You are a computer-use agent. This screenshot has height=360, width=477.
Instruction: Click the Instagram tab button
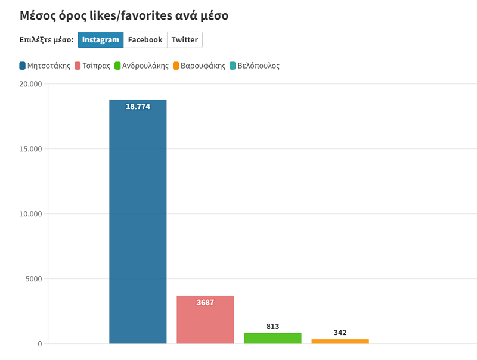point(100,40)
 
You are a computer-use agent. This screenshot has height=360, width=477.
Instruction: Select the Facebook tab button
point(145,40)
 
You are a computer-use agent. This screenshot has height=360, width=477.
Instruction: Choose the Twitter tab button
point(184,40)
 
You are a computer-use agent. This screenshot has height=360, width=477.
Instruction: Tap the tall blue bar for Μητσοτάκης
point(138,226)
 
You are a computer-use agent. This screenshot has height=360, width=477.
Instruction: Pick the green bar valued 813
point(272,338)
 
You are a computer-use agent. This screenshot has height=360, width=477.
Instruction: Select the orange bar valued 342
point(340,341)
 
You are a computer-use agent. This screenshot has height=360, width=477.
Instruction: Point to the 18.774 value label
point(138,107)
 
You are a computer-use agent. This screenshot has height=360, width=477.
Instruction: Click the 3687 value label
point(205,303)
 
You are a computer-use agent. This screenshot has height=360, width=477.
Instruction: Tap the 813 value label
point(272,327)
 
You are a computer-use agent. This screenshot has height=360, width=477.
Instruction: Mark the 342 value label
point(340,333)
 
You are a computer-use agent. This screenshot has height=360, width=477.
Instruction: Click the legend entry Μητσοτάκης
point(45,66)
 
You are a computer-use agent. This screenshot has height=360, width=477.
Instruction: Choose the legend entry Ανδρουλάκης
point(141,66)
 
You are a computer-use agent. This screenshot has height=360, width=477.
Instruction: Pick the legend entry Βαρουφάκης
point(199,66)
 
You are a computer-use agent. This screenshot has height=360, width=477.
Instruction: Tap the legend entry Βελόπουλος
point(254,66)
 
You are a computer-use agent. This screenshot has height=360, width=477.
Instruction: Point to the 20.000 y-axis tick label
point(30,84)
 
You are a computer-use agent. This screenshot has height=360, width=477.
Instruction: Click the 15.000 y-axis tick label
point(30,149)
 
